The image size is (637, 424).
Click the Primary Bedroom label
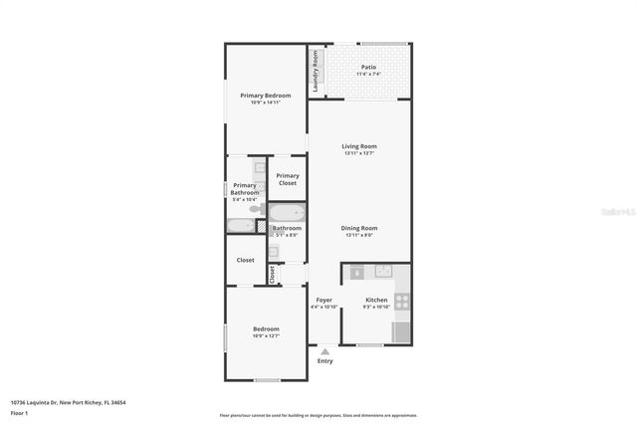tap(266, 96)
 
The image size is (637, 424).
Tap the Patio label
tap(368, 68)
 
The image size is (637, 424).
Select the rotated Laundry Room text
tap(316, 72)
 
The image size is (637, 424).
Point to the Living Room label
tap(359, 146)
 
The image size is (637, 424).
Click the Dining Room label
tap(359, 228)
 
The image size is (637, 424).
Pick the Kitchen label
tap(376, 300)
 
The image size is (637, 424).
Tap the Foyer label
tap(323, 300)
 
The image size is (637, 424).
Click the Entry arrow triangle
tap(324, 351)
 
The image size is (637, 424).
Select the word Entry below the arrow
tap(324, 361)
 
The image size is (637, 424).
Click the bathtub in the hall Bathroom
tap(288, 213)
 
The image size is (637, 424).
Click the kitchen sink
tap(382, 271)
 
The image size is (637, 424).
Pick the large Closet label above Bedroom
tap(245, 260)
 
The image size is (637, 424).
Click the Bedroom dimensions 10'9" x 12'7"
tap(266, 336)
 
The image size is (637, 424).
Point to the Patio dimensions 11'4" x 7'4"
tap(368, 75)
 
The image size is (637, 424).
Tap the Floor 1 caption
tap(19, 413)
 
